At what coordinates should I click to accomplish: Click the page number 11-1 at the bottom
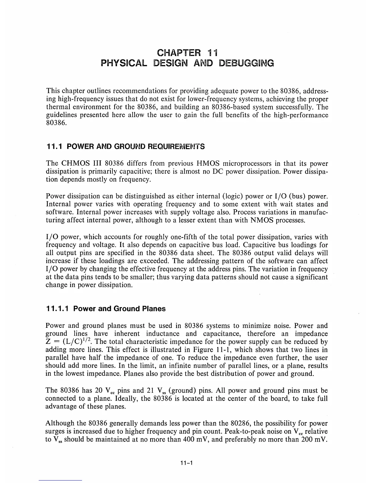click(x=187, y=463)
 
